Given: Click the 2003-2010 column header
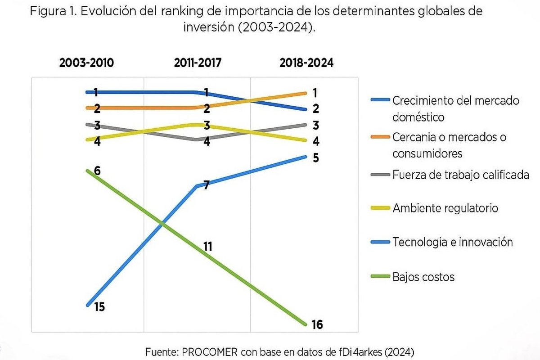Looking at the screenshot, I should click(x=87, y=63).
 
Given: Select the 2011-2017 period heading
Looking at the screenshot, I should click(x=198, y=63).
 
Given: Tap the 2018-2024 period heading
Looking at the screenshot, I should click(x=306, y=63).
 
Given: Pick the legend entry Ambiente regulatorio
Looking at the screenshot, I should click(x=445, y=208).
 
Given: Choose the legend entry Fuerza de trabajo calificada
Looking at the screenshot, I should click(x=460, y=175).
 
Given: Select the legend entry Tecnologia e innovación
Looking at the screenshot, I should click(x=452, y=242).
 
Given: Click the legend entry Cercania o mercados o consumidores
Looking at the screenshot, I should click(x=449, y=145).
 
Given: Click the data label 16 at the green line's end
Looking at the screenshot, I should click(x=317, y=324).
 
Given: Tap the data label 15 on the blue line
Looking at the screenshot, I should click(x=99, y=307).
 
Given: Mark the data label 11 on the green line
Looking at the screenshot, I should click(x=207, y=247).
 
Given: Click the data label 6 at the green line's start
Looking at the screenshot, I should click(x=97, y=171).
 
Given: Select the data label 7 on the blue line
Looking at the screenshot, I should click(x=206, y=184).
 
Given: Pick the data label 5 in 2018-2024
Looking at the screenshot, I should click(x=315, y=158).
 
